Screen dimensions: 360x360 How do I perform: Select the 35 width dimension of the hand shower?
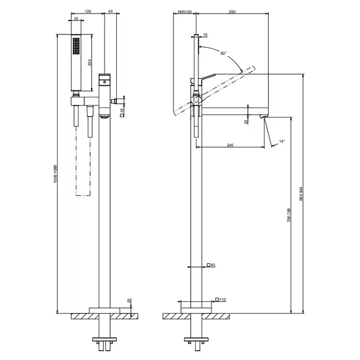pos(77,19)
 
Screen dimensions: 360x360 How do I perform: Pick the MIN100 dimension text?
pos(184,11)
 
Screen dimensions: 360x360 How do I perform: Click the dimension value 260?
pos(232,11)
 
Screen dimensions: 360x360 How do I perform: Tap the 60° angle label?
pos(223,53)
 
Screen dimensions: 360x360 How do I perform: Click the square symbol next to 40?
pos(208,265)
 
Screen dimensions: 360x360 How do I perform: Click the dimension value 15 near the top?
pos(206,34)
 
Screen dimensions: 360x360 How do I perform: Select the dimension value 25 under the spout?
pos(246,121)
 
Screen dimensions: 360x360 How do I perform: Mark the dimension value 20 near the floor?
pos(129,302)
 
